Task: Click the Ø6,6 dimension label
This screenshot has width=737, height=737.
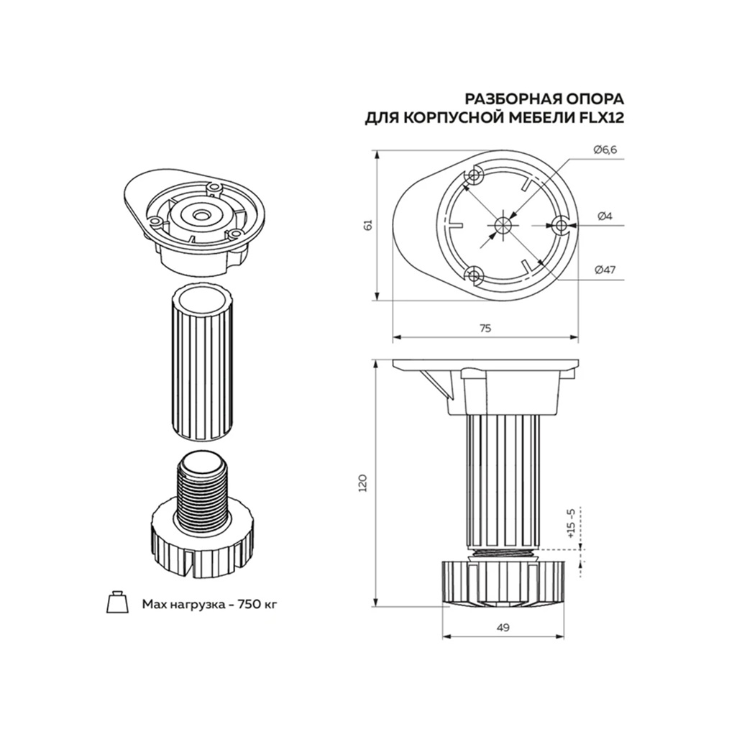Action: click(x=605, y=149)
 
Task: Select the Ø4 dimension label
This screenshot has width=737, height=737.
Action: click(x=604, y=216)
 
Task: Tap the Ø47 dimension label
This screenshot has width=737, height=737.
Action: click(x=605, y=270)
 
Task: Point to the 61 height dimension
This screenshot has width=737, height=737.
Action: click(x=369, y=225)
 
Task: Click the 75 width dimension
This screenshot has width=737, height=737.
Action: click(x=485, y=328)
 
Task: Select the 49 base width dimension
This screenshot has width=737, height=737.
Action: click(x=503, y=628)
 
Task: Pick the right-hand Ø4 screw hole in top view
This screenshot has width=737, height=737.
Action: click(x=562, y=225)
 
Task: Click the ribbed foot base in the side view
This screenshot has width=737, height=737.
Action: click(x=503, y=582)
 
